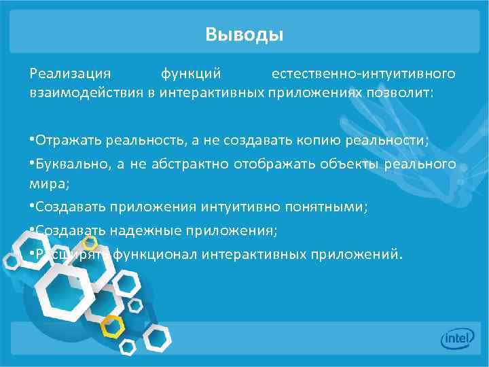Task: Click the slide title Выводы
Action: (x=244, y=34)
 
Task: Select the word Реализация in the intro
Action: (x=68, y=73)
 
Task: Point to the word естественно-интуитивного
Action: (x=363, y=73)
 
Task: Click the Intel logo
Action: (x=456, y=338)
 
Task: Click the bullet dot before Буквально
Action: (x=32, y=164)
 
